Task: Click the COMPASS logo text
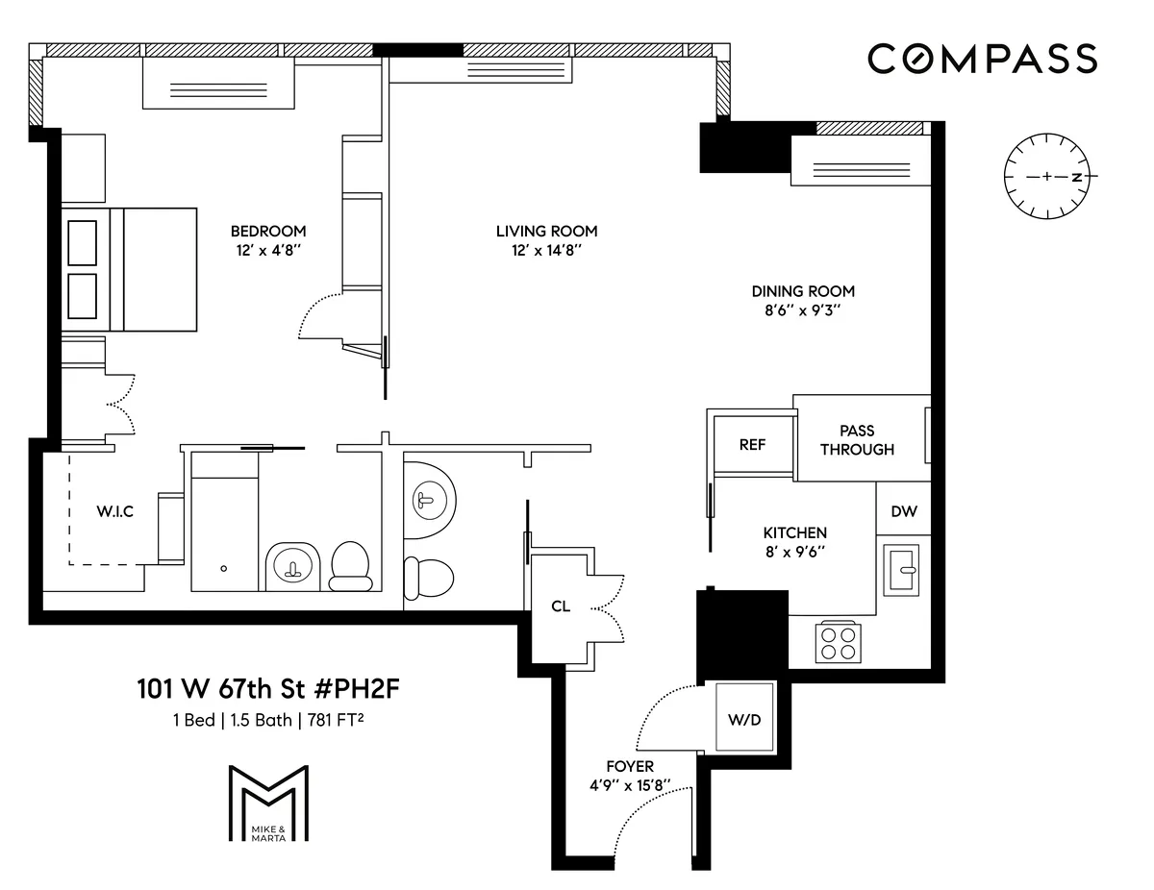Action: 982,59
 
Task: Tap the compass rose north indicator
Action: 1078,178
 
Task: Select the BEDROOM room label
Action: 268,231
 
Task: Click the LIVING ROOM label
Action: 546,231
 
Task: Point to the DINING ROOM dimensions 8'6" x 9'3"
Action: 803,311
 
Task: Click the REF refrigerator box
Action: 752,445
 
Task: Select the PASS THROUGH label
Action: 857,440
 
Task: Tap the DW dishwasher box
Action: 903,511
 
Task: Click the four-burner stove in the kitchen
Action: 838,642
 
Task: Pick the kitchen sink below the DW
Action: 902,569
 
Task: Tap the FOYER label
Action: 630,766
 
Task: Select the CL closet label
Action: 561,606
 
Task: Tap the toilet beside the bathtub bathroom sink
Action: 351,566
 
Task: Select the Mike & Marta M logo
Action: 268,803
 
